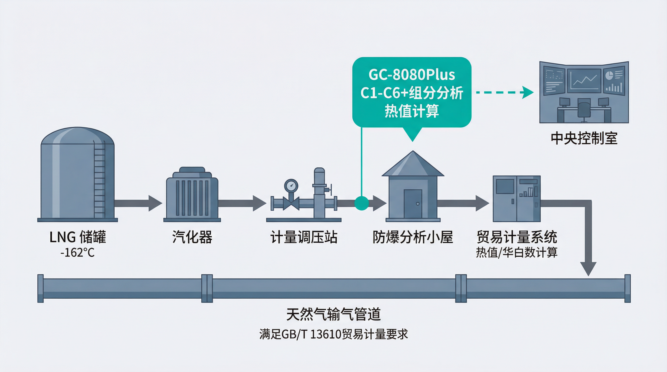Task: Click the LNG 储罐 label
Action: tap(77, 237)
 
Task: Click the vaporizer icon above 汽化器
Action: tap(192, 194)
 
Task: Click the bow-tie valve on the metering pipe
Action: tap(291, 203)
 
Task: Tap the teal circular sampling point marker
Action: tap(361, 203)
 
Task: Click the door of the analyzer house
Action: tap(413, 204)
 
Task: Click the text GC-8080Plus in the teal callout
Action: tap(412, 75)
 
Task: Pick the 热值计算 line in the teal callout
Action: tap(412, 111)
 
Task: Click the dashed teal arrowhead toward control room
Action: tap(527, 92)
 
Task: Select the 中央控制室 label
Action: tap(584, 138)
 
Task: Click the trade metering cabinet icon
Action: tap(516, 199)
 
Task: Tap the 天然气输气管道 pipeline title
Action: tap(333, 315)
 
